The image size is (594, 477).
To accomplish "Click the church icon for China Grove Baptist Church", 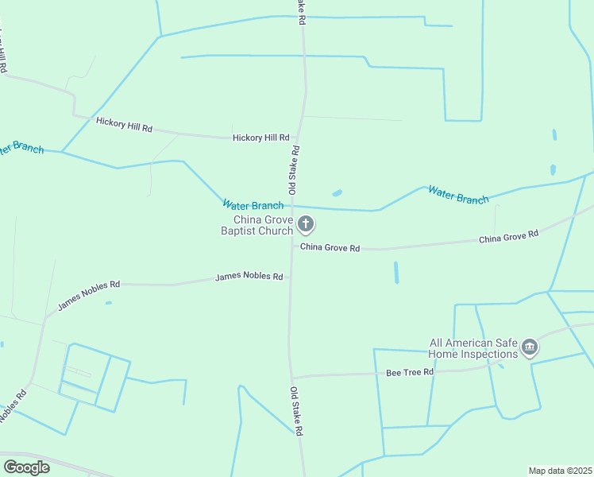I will [x=306, y=226].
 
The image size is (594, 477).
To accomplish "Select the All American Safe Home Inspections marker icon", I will [x=530, y=348].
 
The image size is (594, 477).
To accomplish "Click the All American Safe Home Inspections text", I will [x=474, y=348].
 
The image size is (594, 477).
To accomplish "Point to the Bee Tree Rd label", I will [x=410, y=372].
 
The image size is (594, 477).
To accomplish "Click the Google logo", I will [x=26, y=467].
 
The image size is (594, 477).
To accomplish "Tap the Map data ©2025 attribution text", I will [x=561, y=471].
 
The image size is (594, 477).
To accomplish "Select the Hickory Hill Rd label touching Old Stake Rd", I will [x=260, y=138].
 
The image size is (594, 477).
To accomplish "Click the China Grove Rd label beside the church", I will [x=330, y=248].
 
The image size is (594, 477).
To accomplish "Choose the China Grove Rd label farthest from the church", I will [x=508, y=237].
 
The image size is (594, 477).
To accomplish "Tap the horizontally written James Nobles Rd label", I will [x=249, y=277].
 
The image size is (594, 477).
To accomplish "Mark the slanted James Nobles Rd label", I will [x=88, y=295].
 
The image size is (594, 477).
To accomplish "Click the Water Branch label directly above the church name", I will [x=253, y=205].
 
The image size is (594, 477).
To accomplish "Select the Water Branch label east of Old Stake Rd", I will [x=458, y=195].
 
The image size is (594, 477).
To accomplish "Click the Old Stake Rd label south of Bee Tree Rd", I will [x=296, y=410].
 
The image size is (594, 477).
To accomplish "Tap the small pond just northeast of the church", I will [x=337, y=192].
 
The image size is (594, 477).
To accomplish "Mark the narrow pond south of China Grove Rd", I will [x=395, y=273].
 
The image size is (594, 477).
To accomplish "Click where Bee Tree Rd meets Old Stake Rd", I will [x=291, y=378].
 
